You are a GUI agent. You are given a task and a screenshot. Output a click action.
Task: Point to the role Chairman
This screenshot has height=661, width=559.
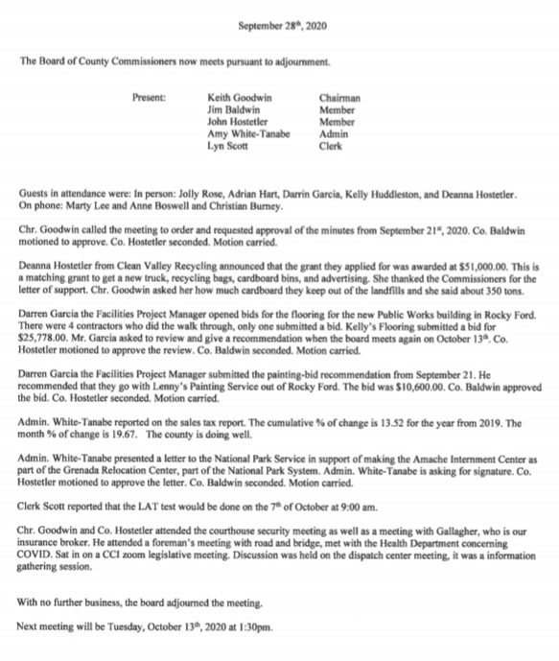click(x=338, y=97)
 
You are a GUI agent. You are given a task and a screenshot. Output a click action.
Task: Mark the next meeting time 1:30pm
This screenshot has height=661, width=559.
click(x=257, y=629)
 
